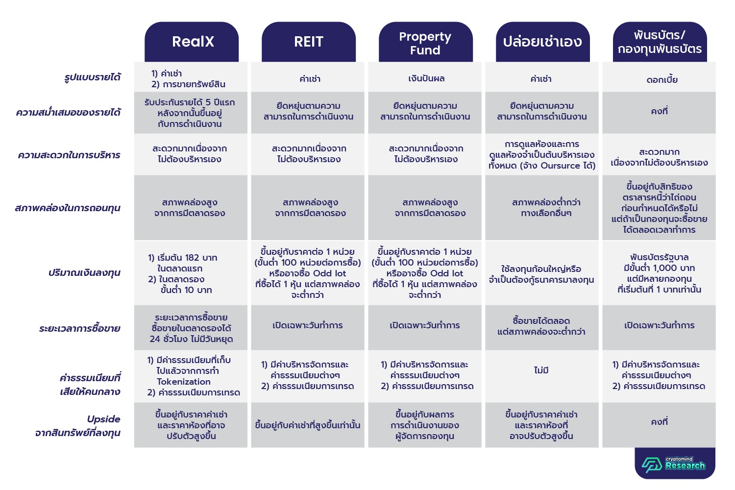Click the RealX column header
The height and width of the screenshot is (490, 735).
tap(192, 42)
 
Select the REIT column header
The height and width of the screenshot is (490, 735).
tap(309, 42)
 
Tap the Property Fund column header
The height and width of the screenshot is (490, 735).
tap(425, 43)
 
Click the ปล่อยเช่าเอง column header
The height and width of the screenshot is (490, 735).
tap(542, 42)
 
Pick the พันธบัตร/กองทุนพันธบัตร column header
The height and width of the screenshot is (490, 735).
tap(660, 42)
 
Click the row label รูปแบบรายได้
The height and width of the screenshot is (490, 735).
tap(93, 77)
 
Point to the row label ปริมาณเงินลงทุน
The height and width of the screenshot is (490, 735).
tap(84, 273)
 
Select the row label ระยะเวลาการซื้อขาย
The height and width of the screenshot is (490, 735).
tap(80, 328)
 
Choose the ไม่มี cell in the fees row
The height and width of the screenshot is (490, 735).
tap(541, 370)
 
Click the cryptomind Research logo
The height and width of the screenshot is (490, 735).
tap(674, 464)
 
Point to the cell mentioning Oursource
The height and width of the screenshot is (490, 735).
tap(542, 155)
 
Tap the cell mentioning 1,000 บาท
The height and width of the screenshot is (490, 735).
tap(659, 273)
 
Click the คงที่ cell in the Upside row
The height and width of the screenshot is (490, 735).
tap(660, 422)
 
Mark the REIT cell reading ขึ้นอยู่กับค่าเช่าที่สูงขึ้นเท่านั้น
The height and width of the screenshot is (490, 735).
tap(308, 425)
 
